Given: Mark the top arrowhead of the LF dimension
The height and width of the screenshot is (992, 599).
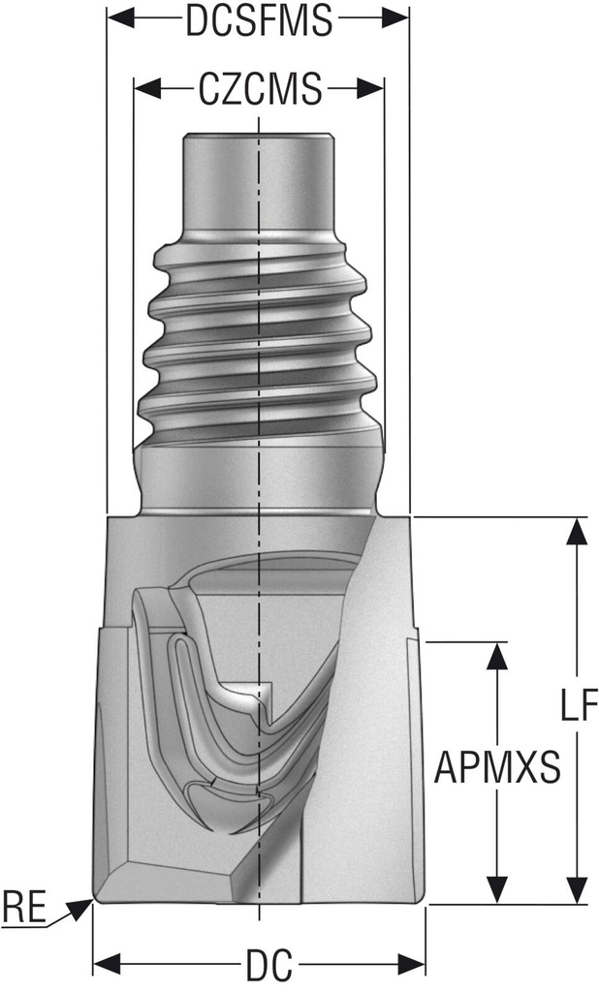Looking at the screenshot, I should tap(577, 531).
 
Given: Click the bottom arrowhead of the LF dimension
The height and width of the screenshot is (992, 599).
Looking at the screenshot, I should tap(577, 890).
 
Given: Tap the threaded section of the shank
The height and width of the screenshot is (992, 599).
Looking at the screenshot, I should tap(259, 339).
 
